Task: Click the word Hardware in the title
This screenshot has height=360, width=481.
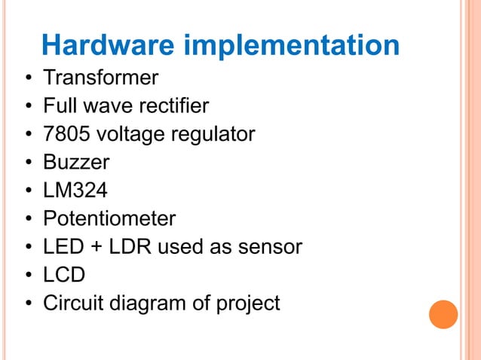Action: click(109, 45)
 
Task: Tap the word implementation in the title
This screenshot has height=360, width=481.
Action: click(291, 47)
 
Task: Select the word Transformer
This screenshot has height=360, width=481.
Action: click(100, 78)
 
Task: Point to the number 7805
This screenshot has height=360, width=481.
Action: click(65, 134)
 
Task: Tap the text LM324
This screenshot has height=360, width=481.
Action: click(75, 191)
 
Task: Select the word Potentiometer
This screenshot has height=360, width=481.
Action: click(109, 219)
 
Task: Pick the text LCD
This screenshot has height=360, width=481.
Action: click(64, 275)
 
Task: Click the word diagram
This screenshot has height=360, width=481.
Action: click(156, 304)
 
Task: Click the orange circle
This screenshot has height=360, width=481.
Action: click(443, 314)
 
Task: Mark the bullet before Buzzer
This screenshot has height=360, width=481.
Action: click(27, 163)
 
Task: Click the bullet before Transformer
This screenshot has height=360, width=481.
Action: click(27, 78)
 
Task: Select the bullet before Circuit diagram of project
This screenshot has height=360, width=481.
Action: click(27, 304)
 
